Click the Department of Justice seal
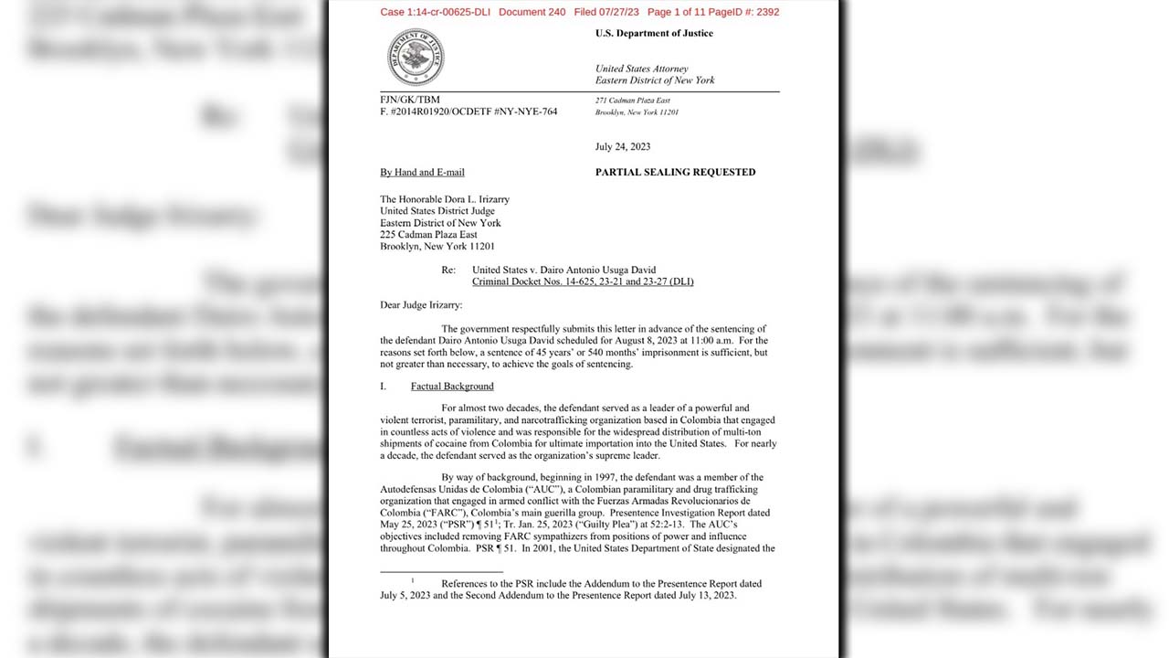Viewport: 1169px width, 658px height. click(x=415, y=57)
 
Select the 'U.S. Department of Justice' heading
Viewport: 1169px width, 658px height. click(x=654, y=33)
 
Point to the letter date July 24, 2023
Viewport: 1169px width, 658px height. click(x=623, y=146)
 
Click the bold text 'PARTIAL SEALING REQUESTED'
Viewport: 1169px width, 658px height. click(x=675, y=172)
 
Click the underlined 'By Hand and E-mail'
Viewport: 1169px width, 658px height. click(x=422, y=172)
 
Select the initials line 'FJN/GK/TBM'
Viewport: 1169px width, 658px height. click(x=409, y=99)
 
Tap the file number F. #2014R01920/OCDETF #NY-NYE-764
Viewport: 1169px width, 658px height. click(x=469, y=111)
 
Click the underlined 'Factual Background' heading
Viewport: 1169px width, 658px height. click(x=452, y=386)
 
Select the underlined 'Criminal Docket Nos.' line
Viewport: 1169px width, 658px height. click(x=583, y=281)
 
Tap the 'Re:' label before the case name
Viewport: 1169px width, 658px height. click(x=448, y=271)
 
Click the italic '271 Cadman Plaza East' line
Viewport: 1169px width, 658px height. click(x=632, y=100)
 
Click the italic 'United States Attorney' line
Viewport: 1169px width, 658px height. click(x=641, y=69)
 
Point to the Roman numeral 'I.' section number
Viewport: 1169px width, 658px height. click(x=384, y=386)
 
